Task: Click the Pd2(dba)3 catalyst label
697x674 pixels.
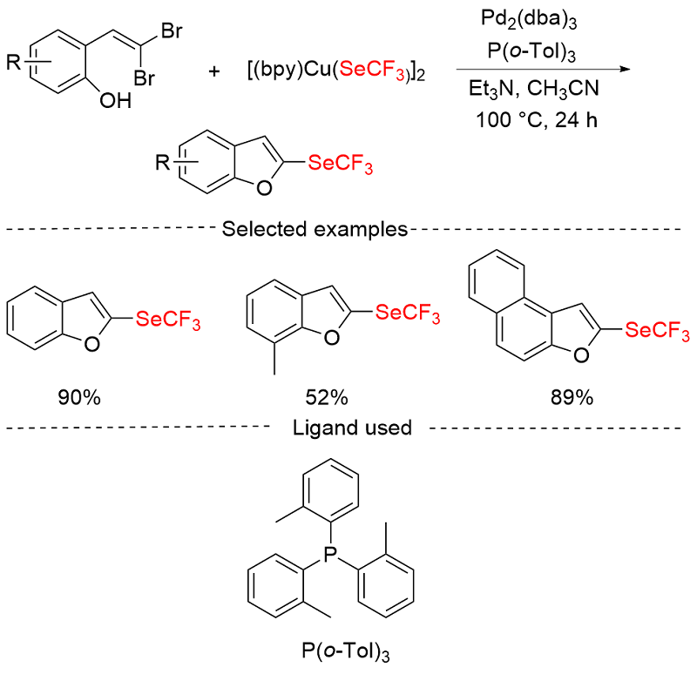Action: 529,20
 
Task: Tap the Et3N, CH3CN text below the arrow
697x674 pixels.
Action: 534,89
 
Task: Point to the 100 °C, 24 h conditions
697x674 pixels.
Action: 537,120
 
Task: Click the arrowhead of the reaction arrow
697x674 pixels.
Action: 626,70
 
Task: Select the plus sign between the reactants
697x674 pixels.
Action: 214,71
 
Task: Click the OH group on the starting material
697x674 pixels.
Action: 116,101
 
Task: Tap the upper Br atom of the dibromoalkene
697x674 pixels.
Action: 172,31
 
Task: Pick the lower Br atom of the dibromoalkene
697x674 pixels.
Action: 145,78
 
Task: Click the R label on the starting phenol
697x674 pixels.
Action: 13,62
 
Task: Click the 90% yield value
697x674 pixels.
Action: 79,397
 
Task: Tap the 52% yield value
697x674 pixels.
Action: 327,397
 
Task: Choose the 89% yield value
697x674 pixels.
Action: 572,397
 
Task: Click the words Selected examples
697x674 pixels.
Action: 315,229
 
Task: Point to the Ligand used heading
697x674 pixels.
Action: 352,428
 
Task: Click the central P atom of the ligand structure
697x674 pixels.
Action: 330,554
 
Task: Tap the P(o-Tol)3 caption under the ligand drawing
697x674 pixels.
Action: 346,651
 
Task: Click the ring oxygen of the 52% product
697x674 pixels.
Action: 332,338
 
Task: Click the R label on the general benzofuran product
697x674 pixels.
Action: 162,163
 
